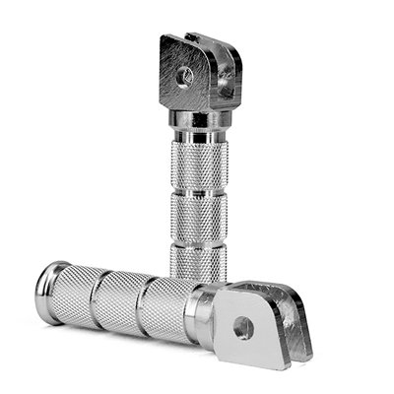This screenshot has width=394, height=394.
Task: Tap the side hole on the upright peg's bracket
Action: tap(229, 88)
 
